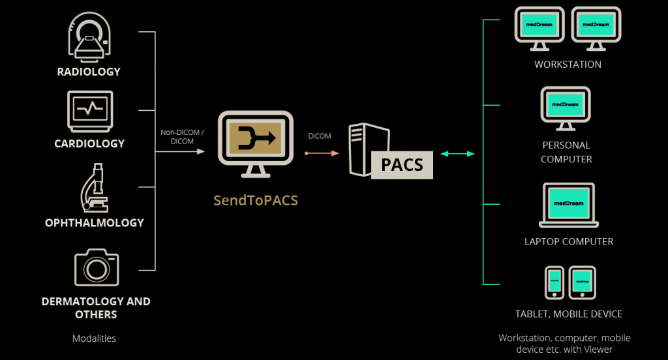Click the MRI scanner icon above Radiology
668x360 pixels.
click(x=89, y=38)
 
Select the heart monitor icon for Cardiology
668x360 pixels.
click(x=89, y=111)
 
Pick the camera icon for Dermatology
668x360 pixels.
click(x=96, y=267)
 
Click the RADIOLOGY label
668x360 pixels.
click(x=89, y=72)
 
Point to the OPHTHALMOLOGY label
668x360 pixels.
click(x=95, y=223)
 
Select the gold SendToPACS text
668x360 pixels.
click(x=256, y=200)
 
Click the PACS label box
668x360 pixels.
click(x=402, y=164)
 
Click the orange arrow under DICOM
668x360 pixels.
click(x=322, y=153)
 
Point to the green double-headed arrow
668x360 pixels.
click(x=457, y=154)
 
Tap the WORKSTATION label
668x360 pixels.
click(x=568, y=65)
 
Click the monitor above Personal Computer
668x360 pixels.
click(x=566, y=108)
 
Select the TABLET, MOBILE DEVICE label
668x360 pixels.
click(x=569, y=314)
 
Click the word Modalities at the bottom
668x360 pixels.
click(x=94, y=338)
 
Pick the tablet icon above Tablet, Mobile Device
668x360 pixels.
click(x=582, y=282)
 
